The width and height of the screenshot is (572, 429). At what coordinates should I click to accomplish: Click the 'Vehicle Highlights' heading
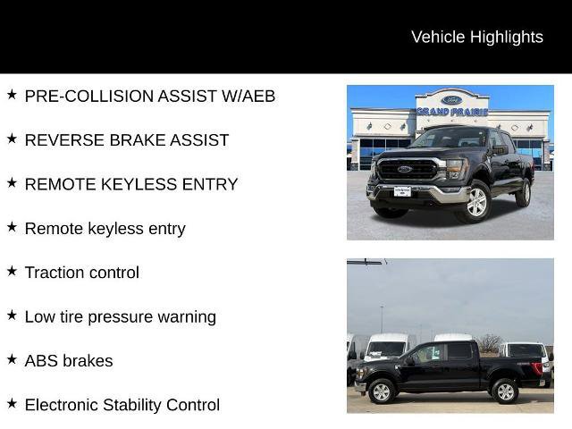click(476, 37)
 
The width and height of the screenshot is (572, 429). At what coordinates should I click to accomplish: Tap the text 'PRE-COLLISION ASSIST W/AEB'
click(150, 96)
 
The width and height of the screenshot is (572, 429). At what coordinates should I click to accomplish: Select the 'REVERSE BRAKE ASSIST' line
click(127, 139)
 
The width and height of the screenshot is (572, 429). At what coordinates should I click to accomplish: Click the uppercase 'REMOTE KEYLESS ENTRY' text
click(131, 184)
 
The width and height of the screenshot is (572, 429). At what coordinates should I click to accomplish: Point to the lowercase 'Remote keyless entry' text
click(105, 228)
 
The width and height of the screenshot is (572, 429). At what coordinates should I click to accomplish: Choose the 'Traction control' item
click(82, 273)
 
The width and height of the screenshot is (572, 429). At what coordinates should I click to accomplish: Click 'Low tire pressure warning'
click(121, 316)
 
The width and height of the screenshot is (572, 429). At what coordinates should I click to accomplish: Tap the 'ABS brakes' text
click(69, 361)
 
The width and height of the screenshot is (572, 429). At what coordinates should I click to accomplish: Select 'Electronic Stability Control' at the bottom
click(122, 405)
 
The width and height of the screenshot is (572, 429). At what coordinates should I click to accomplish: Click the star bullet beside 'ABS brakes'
click(12, 359)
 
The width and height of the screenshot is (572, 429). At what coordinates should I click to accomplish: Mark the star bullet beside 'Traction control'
click(12, 271)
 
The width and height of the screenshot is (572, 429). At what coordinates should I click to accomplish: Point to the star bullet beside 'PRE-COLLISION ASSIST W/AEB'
click(12, 94)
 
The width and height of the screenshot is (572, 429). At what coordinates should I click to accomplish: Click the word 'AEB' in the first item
click(257, 96)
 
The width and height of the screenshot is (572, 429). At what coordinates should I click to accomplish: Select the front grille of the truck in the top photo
click(404, 172)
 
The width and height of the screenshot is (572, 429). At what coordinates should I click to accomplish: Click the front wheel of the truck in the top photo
click(475, 203)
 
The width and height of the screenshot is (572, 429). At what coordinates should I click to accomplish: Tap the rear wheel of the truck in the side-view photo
click(505, 391)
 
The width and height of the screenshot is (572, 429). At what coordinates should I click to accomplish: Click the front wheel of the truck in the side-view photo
click(383, 391)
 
